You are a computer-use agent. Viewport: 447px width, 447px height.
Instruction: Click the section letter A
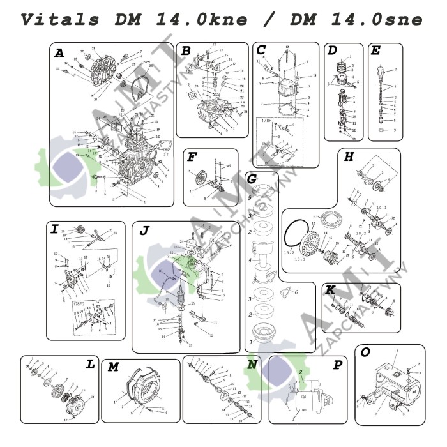[x=59, y=54]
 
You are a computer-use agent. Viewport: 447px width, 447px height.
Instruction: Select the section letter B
[x=186, y=51]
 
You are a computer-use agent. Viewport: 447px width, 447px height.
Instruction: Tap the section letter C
[x=261, y=50]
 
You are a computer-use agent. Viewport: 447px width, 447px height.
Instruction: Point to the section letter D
[x=332, y=50]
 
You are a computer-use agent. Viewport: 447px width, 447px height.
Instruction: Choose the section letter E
[x=375, y=50]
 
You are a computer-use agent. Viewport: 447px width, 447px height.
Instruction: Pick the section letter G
[x=252, y=179]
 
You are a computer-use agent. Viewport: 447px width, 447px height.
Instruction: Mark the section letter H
[x=349, y=157]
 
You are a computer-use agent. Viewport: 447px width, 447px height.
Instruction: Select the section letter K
[x=330, y=291]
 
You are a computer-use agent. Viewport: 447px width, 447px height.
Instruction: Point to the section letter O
[x=365, y=352]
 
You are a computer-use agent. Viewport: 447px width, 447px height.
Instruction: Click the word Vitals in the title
[x=61, y=19]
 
